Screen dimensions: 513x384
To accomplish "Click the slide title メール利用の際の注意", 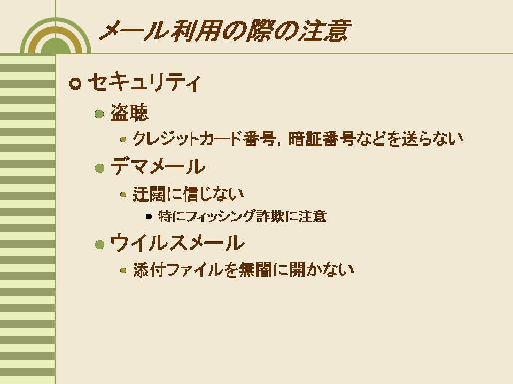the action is [225, 31].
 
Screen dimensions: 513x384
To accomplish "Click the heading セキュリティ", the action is [144, 82].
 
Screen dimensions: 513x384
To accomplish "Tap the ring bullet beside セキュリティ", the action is [75, 84].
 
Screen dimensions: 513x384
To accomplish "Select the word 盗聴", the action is [129, 113].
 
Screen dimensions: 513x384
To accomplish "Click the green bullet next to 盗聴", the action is [99, 114].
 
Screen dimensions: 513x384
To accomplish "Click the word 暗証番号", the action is [322, 139].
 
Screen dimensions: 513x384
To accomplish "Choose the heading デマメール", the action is [158, 166].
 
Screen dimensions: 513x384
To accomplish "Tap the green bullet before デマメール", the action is [99, 168].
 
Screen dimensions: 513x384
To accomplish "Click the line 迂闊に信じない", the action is [188, 194].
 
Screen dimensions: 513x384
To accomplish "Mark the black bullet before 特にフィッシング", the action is [149, 217].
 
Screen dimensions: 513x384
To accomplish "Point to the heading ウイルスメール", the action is [177, 243].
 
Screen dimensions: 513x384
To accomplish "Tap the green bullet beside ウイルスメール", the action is [99, 244].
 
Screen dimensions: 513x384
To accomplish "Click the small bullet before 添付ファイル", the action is [123, 270].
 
